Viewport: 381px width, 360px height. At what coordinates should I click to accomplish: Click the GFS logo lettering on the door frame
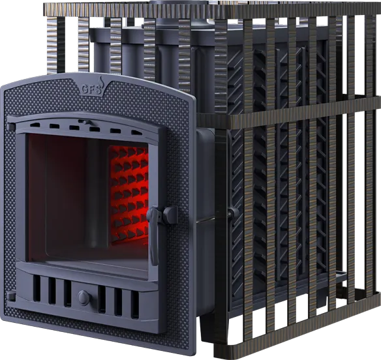tap(91, 89)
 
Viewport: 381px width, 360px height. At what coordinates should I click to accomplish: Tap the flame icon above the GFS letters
tap(101, 81)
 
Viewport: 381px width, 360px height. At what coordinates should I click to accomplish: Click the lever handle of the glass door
tap(154, 234)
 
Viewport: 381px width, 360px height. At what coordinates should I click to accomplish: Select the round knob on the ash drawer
tap(84, 297)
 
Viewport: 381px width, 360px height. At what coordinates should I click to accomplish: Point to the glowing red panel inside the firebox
tap(129, 194)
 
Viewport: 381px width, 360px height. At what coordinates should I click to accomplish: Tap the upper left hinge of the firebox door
tap(11, 126)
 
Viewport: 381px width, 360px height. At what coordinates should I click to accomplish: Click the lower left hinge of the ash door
tap(11, 295)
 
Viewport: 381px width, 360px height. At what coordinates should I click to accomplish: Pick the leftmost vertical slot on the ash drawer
tap(37, 288)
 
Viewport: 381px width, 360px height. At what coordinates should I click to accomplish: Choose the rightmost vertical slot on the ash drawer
tap(134, 305)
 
